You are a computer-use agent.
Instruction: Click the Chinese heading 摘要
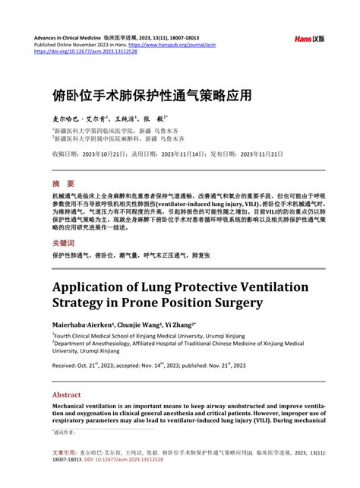64,184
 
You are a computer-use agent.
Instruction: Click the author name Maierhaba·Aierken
85,324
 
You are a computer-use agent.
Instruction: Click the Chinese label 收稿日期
66,154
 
